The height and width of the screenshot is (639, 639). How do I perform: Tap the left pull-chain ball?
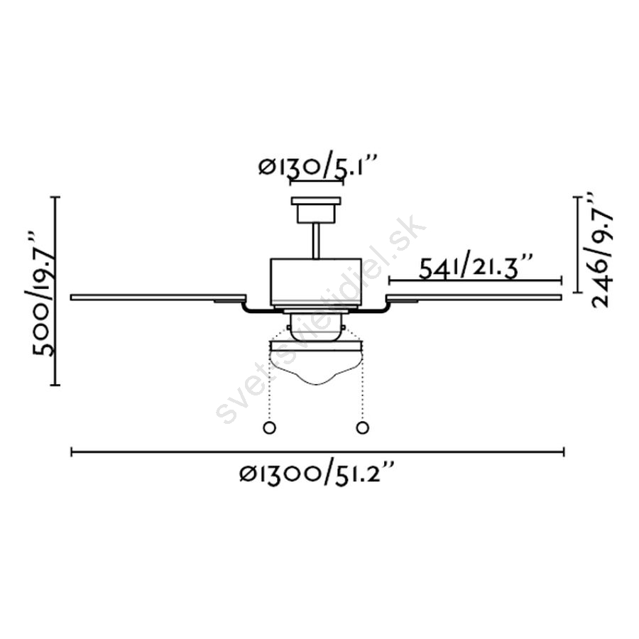point(270,427)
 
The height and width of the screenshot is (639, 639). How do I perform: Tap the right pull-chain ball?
point(362,427)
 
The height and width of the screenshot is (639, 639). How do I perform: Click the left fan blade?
point(158,297)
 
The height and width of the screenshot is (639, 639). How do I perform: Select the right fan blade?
point(474,297)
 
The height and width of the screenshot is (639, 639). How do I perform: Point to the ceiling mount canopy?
point(316,209)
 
